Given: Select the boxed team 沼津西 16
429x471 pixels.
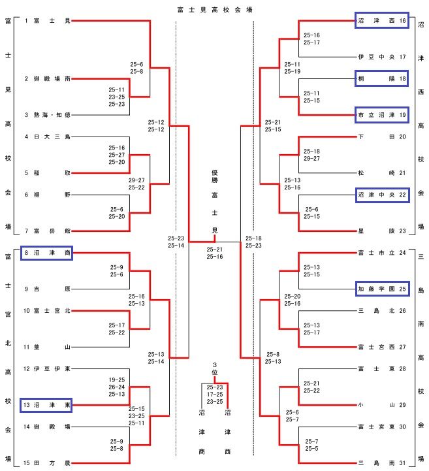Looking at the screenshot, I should (382, 21).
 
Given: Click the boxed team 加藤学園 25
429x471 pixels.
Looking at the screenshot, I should (382, 287).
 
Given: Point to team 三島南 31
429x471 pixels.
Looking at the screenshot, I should (382, 463).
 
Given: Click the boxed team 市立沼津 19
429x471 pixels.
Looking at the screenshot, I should (382, 115).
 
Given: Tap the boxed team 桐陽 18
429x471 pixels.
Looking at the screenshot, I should (382, 78).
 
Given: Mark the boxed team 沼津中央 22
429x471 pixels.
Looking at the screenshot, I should (382, 194).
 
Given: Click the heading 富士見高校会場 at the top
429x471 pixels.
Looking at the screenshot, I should (215, 9).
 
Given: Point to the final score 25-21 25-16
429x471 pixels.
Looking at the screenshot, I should (214, 253).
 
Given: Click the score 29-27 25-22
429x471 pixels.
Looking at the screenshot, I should (137, 184).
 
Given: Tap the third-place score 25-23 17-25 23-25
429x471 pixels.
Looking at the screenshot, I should (214, 394).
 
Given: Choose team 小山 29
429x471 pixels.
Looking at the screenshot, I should (382, 405).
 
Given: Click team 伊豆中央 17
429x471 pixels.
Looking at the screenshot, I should (382, 57).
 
